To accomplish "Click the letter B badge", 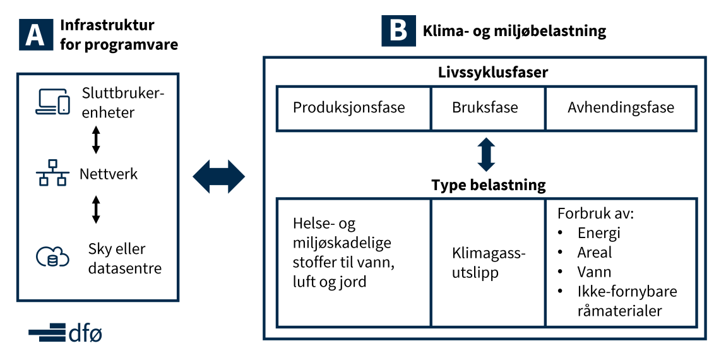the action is (398, 30).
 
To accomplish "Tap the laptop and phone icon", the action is (53, 102).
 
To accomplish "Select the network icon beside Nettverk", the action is (53, 173).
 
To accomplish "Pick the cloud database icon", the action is (53, 256).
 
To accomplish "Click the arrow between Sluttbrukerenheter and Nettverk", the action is (96, 140).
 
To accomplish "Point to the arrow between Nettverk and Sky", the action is (96, 210).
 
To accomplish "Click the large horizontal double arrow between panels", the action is (218, 176).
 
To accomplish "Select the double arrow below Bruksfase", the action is (486, 154).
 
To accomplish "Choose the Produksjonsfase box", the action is (354, 108).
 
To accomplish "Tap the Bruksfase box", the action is (489, 108).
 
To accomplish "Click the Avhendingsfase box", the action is (621, 108).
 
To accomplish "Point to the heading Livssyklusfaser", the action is (486, 73).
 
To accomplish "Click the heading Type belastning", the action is (489, 185).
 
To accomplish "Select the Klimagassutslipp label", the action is (489, 263).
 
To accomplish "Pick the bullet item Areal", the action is (595, 253).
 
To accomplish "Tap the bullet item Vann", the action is (594, 272).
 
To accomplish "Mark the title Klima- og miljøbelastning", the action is (515, 32).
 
